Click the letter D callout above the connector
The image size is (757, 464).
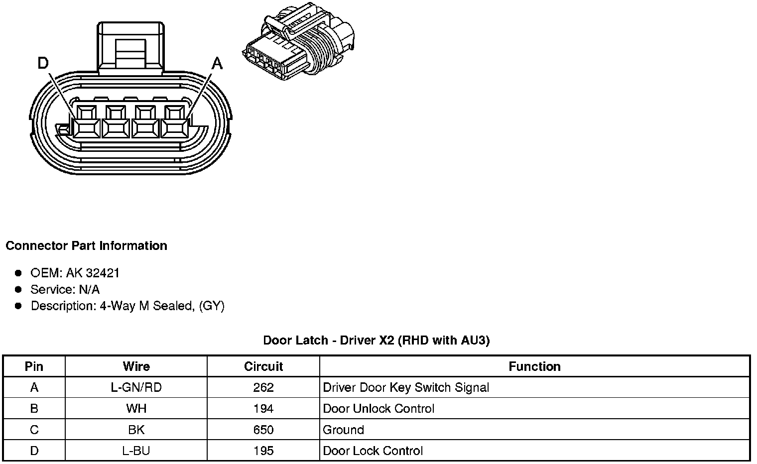click(43, 63)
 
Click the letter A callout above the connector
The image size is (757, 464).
click(217, 63)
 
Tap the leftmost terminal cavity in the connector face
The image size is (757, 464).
click(86, 121)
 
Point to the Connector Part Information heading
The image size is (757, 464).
click(86, 246)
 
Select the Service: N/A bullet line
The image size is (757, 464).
click(65, 289)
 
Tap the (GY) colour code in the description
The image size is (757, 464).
click(212, 306)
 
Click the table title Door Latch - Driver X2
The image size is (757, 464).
click(376, 341)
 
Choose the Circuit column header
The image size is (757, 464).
click(263, 367)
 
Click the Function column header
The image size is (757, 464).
click(534, 367)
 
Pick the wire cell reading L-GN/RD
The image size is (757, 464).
click(136, 387)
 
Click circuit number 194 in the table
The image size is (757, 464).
click(263, 409)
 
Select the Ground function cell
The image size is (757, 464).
click(344, 430)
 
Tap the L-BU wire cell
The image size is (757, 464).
click(136, 451)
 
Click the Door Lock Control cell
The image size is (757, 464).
click(373, 451)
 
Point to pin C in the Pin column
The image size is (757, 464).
click(34, 430)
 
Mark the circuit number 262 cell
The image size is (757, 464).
click(263, 387)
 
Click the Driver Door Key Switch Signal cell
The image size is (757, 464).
click(406, 387)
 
